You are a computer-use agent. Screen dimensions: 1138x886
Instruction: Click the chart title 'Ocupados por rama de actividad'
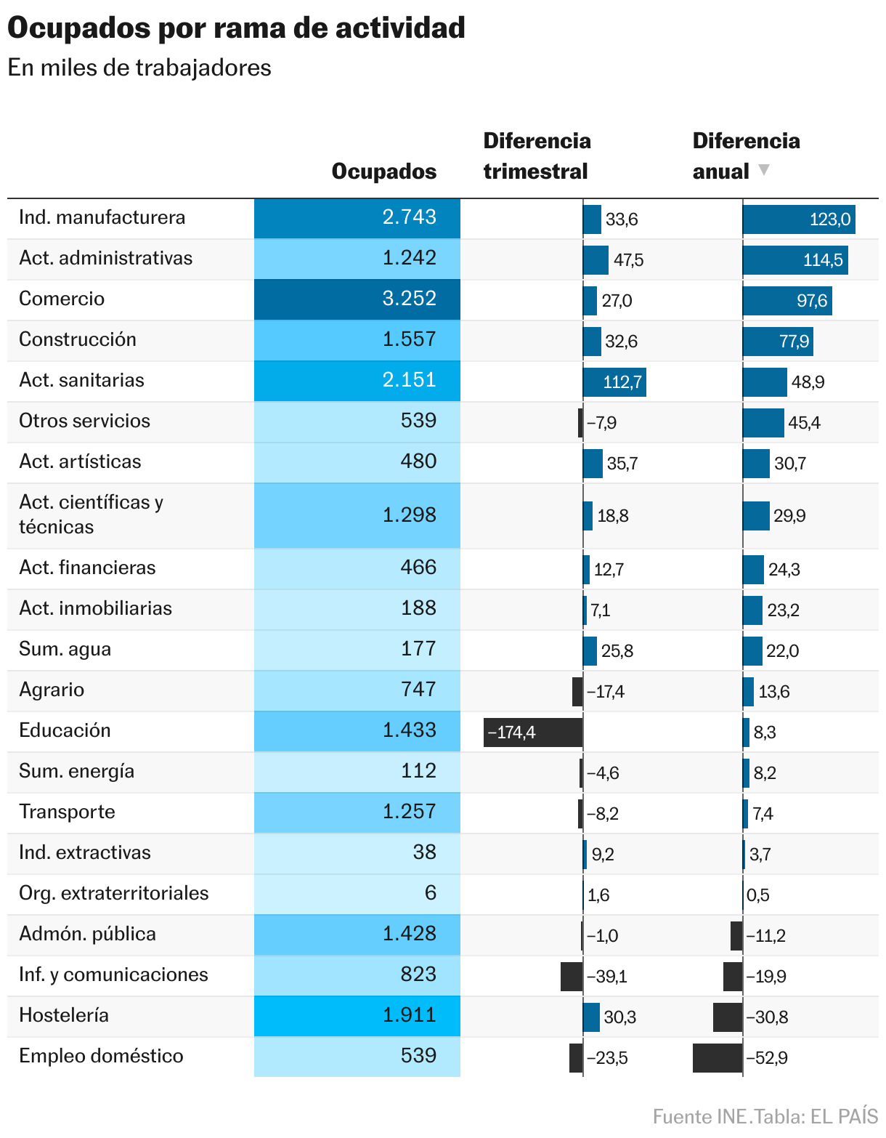click(236, 28)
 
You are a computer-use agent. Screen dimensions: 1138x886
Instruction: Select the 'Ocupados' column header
click(383, 171)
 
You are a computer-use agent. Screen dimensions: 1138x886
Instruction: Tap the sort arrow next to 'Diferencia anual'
click(763, 170)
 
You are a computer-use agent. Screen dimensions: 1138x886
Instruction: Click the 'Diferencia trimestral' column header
click(537, 156)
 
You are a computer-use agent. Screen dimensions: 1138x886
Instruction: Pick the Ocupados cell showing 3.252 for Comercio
click(357, 299)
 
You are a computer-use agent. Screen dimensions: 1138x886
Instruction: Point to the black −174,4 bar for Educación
click(533, 733)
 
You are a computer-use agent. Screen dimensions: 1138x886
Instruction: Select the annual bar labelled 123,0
click(798, 219)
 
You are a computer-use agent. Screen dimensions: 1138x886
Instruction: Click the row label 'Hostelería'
click(64, 1015)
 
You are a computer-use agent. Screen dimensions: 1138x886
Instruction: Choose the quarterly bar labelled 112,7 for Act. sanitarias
click(614, 382)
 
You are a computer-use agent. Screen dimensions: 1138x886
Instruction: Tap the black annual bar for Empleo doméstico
click(718, 1058)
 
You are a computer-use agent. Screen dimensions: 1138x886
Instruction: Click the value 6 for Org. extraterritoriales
click(430, 893)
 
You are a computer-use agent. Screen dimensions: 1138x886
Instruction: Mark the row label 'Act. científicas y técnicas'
click(91, 514)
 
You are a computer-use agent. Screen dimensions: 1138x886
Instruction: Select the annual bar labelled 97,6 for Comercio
click(787, 301)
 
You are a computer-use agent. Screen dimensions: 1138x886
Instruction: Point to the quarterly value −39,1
click(606, 977)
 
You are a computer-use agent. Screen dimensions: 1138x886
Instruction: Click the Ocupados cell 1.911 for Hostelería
click(357, 1015)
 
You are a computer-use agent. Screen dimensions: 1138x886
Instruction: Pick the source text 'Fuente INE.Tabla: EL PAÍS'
click(765, 1116)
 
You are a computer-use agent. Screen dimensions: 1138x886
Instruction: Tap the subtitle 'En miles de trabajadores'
click(139, 68)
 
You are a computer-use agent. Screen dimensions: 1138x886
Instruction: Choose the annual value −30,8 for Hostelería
click(767, 1017)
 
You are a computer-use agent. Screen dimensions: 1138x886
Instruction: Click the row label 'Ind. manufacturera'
click(102, 217)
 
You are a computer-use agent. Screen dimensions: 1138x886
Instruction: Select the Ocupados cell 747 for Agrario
click(357, 690)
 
